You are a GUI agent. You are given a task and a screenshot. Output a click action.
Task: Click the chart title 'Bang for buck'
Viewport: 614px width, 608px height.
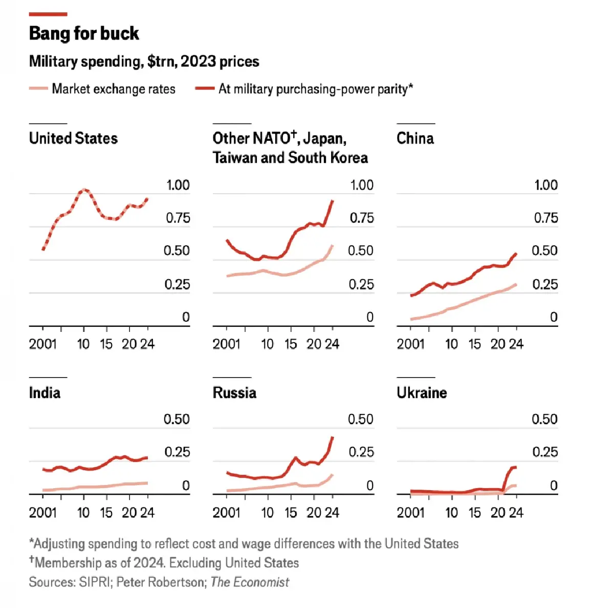coord(84,34)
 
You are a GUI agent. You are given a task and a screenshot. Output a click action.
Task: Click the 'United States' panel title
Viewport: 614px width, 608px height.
coord(73,138)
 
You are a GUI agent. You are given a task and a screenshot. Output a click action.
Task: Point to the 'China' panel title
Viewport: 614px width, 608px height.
coord(415,138)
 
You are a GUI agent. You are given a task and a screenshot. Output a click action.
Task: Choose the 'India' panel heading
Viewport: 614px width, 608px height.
coord(45,393)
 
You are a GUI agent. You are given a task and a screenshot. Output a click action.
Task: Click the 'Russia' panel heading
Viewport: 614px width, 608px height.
coord(234,393)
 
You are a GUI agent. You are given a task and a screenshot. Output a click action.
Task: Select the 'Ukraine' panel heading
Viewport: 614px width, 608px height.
coord(422,393)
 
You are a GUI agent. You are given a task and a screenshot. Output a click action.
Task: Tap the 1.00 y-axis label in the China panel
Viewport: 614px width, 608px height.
coord(545,185)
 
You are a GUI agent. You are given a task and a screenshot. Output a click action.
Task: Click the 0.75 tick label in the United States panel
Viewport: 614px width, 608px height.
coord(178,218)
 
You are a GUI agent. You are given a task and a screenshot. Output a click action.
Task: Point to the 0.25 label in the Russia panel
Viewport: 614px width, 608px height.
coord(361,452)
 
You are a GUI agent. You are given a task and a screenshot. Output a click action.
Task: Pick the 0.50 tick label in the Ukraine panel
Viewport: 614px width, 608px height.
coord(544,419)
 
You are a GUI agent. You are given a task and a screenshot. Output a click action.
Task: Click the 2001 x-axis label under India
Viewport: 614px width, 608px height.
coord(42,513)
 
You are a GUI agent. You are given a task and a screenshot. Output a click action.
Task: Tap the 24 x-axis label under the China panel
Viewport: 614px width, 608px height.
coord(516,344)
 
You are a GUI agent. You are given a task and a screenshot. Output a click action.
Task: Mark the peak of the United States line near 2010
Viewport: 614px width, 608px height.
coord(84,190)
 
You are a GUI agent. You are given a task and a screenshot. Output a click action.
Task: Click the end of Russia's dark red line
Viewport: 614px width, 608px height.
coord(333,437)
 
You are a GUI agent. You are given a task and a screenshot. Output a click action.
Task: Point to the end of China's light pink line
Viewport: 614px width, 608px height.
coord(516,284)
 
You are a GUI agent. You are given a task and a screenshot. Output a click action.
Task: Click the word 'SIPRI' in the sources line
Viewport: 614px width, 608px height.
coord(95,582)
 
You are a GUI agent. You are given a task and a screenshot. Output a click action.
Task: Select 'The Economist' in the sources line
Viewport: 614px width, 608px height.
coord(250,582)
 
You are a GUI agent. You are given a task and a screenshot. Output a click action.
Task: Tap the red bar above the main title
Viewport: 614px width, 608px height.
coord(48,14)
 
